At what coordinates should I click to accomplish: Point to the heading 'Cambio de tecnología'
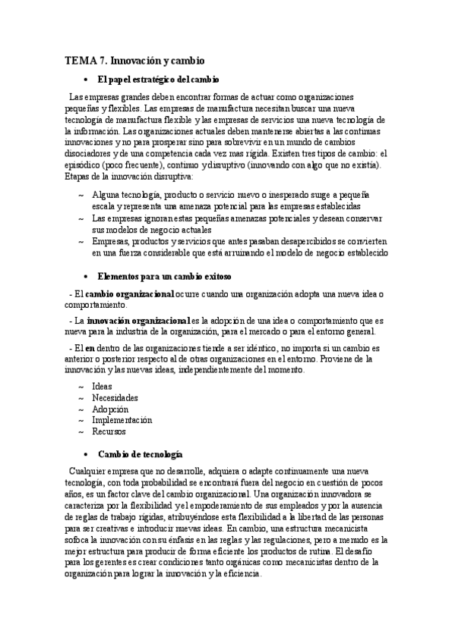[x=140, y=453]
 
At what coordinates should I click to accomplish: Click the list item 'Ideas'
[x=102, y=386]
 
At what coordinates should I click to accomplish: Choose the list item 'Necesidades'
[x=115, y=397]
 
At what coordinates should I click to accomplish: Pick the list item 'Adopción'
[x=110, y=409]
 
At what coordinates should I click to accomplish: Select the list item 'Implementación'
[x=122, y=420]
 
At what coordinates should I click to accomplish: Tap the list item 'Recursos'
[x=109, y=431]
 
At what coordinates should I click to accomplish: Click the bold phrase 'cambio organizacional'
[x=129, y=293]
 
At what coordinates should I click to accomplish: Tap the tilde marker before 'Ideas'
[x=81, y=386]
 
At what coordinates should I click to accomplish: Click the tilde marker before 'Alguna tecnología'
[x=81, y=196]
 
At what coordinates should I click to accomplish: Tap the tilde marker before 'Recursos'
[x=81, y=431]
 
